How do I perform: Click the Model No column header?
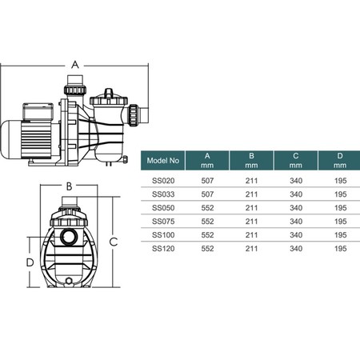coord(163,161)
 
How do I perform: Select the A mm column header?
coord(207,161)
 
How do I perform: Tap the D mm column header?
coord(339,161)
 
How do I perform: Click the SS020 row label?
coord(163,181)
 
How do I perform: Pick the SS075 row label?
coord(163,222)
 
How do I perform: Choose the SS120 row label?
coord(163,249)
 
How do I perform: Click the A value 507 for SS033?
coord(207,194)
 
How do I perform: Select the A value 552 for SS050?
coord(207,208)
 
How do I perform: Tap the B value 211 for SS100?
coord(251,235)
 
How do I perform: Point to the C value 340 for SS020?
coord(296,181)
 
